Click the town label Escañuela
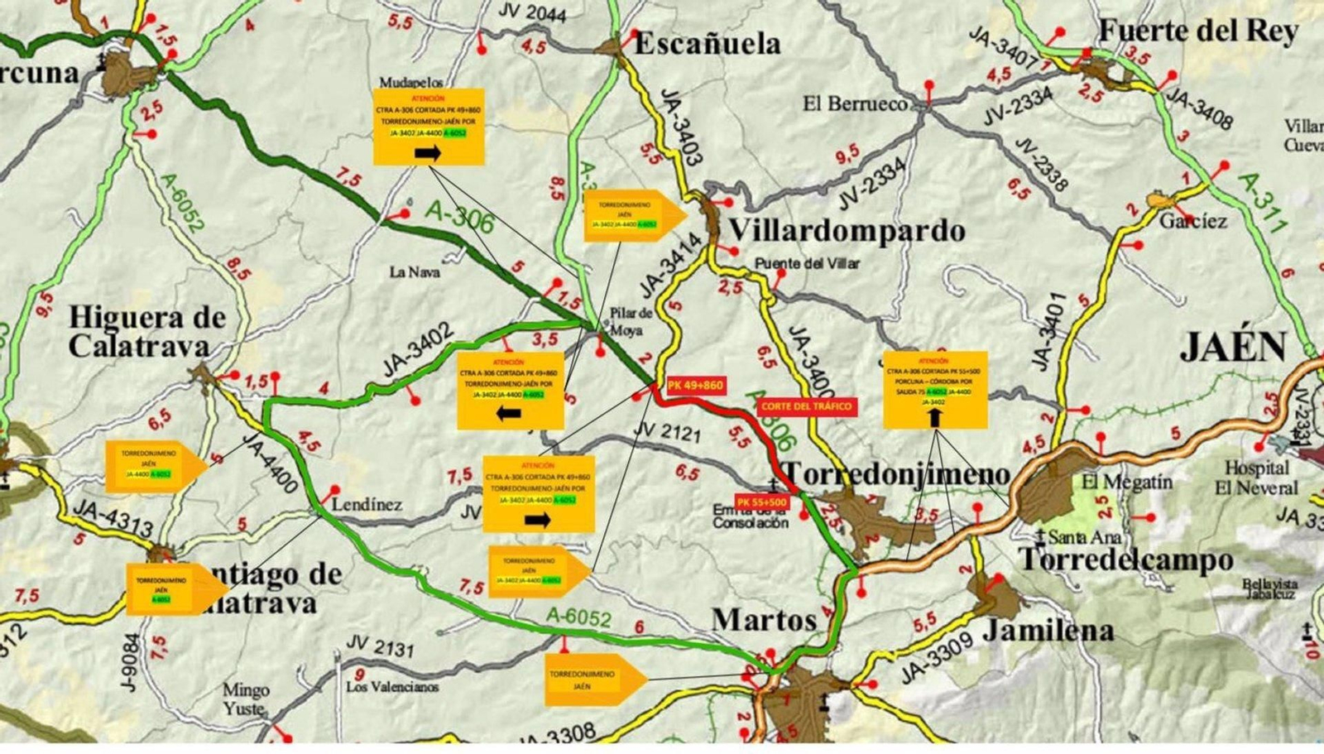click(707, 43)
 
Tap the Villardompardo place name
click(847, 231)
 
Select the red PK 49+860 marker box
click(695, 386)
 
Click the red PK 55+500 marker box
click(762, 502)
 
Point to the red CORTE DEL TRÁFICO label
click(805, 406)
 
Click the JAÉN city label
click(1233, 347)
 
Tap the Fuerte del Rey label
click(1198, 31)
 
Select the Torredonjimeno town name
click(896, 474)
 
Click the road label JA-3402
click(418, 351)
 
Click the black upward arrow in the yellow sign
click(934, 417)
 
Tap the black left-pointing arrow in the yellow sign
click(508, 413)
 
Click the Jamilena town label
click(1048, 631)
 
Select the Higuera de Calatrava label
click(146, 331)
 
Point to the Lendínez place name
click(367, 504)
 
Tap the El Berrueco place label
click(855, 104)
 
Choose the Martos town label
click(764, 619)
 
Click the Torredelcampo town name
click(1125, 560)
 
